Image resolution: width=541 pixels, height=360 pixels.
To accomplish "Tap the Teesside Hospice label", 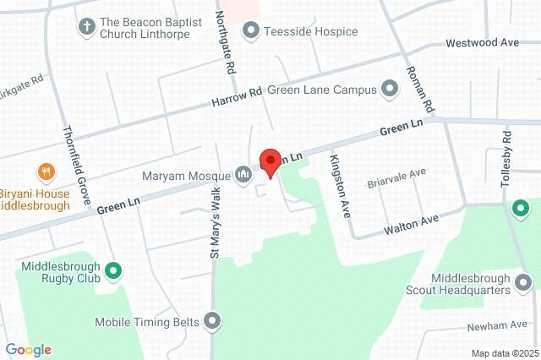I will coord(298,31).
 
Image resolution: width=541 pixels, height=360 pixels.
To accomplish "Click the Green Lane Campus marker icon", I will coord(390,88).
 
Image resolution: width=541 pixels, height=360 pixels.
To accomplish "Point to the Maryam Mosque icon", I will coord(243,175).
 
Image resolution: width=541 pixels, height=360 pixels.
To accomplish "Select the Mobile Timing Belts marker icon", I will coord(212,321).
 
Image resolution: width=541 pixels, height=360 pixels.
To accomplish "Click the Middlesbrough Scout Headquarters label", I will coord(470,284).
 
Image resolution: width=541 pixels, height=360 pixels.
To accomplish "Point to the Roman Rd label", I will coord(418,90).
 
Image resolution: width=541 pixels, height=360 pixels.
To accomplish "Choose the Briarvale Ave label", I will coord(396,177).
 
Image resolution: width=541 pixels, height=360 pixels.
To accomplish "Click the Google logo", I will coord(28,349).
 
